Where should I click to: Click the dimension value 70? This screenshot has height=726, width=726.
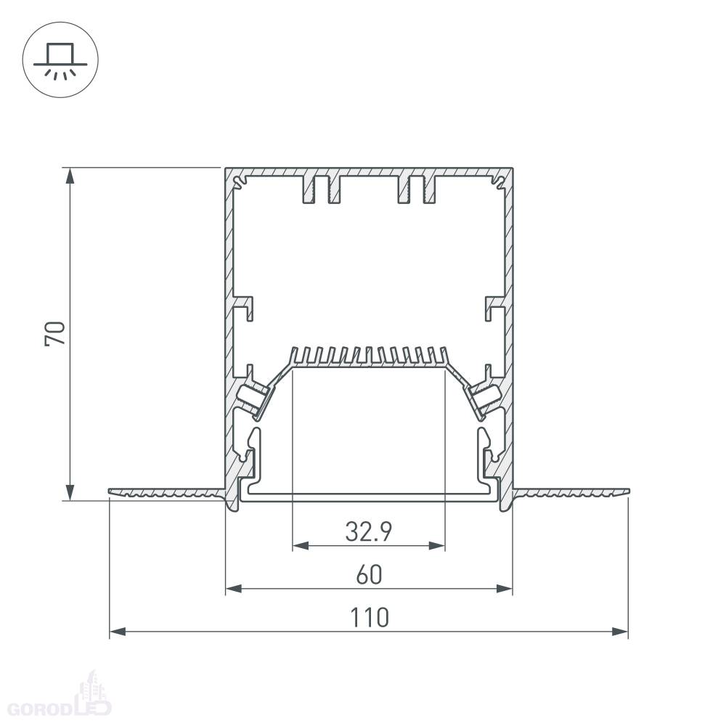click(55, 333)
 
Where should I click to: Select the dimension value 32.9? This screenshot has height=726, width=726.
click(369, 531)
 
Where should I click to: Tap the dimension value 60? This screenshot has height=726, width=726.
click(369, 574)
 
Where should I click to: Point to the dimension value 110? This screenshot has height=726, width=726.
click(369, 618)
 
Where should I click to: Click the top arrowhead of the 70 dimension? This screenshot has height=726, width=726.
click(70, 176)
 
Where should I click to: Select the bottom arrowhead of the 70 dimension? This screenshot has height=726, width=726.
click(70, 492)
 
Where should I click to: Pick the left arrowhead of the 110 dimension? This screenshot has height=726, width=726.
click(118, 631)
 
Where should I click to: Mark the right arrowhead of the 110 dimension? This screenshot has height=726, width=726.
click(620, 631)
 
